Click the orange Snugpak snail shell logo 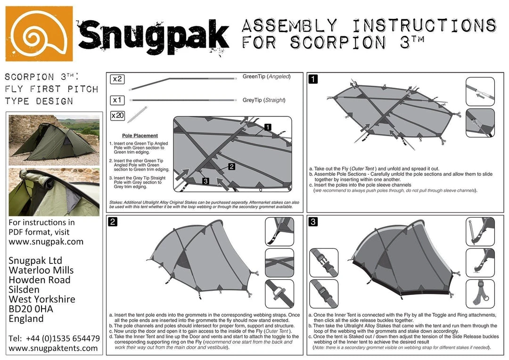(39, 33)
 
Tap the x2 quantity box (117, 79)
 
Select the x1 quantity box (117, 100)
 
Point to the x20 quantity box (118, 115)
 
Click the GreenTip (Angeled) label (266, 76)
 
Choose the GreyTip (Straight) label (263, 100)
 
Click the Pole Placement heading (140, 135)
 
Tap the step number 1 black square (312, 80)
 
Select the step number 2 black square (113, 222)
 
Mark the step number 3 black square (312, 222)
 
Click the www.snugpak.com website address (46, 242)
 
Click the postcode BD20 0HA (31, 309)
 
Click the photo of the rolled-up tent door (54, 191)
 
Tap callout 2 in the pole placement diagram (231, 166)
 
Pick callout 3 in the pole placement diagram (205, 181)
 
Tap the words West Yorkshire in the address (42, 299)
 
